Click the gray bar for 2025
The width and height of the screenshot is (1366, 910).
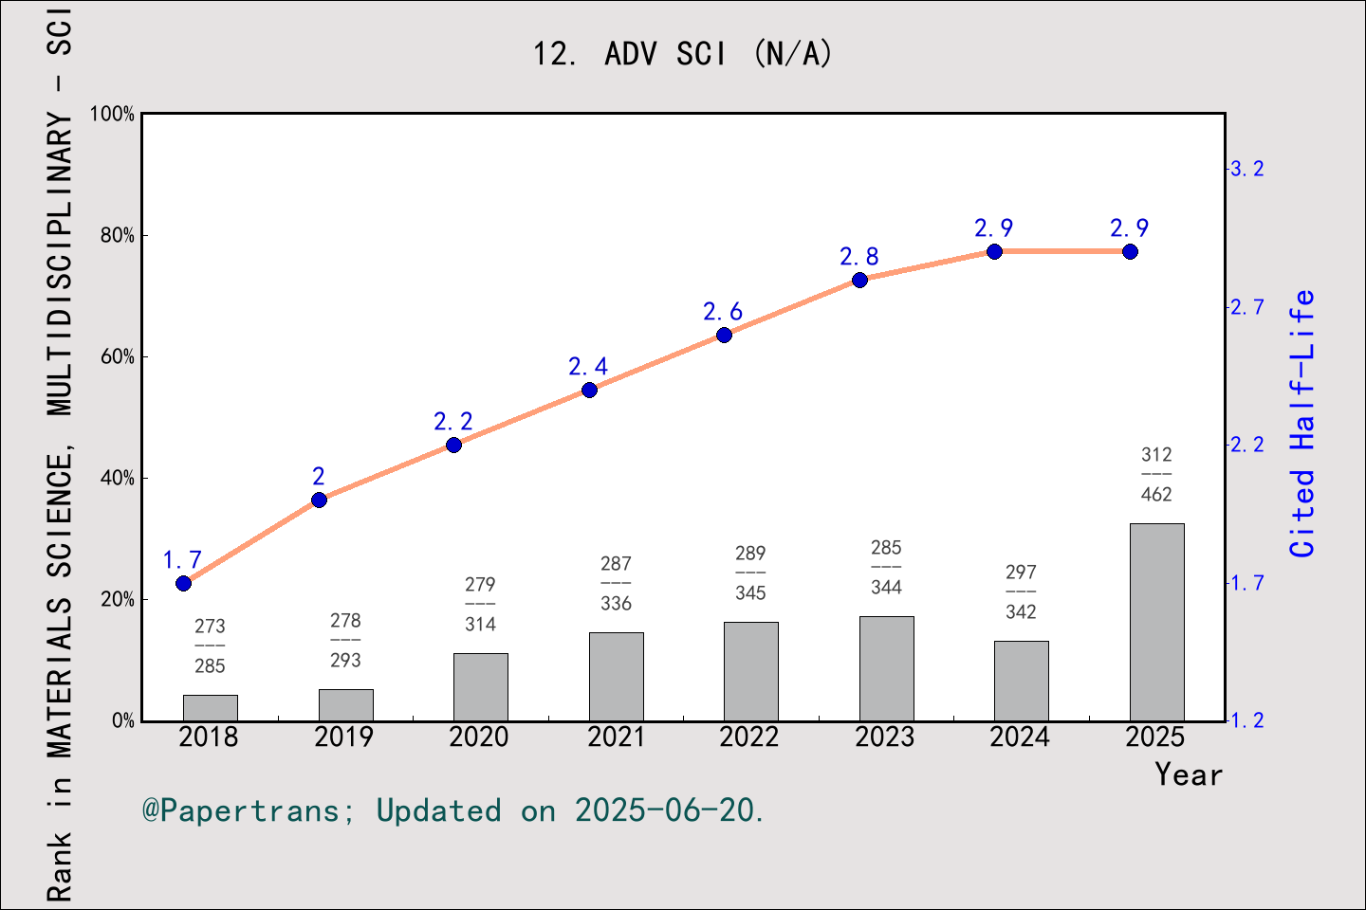coord(1156,622)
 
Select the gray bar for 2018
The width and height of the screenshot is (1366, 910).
coord(210,708)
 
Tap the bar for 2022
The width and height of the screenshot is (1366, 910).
coord(750,671)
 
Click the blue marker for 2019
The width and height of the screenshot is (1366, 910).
coord(319,500)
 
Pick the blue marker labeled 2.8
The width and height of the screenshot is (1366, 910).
coord(859,280)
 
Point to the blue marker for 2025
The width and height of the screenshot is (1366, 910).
coord(1130,251)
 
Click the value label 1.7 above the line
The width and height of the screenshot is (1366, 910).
coord(182,559)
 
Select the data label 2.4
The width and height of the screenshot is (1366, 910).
coord(588,366)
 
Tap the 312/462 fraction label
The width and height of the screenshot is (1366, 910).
coord(1156,474)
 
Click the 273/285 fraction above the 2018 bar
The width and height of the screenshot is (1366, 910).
coord(210,646)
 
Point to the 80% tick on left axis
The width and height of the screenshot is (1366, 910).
coord(118,235)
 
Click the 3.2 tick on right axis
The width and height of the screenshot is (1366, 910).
coord(1246,169)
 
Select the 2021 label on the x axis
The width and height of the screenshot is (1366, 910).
coord(616,737)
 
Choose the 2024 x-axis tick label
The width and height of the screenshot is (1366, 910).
coord(1020,737)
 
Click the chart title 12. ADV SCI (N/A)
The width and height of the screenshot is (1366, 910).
coord(682,54)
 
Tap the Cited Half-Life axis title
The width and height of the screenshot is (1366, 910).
coord(1301,423)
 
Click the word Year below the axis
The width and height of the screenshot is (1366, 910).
coord(1188,774)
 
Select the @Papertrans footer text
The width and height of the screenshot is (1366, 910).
coord(452,810)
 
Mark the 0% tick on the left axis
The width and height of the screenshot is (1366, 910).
coord(122,720)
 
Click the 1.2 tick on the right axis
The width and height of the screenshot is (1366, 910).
coord(1246,720)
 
